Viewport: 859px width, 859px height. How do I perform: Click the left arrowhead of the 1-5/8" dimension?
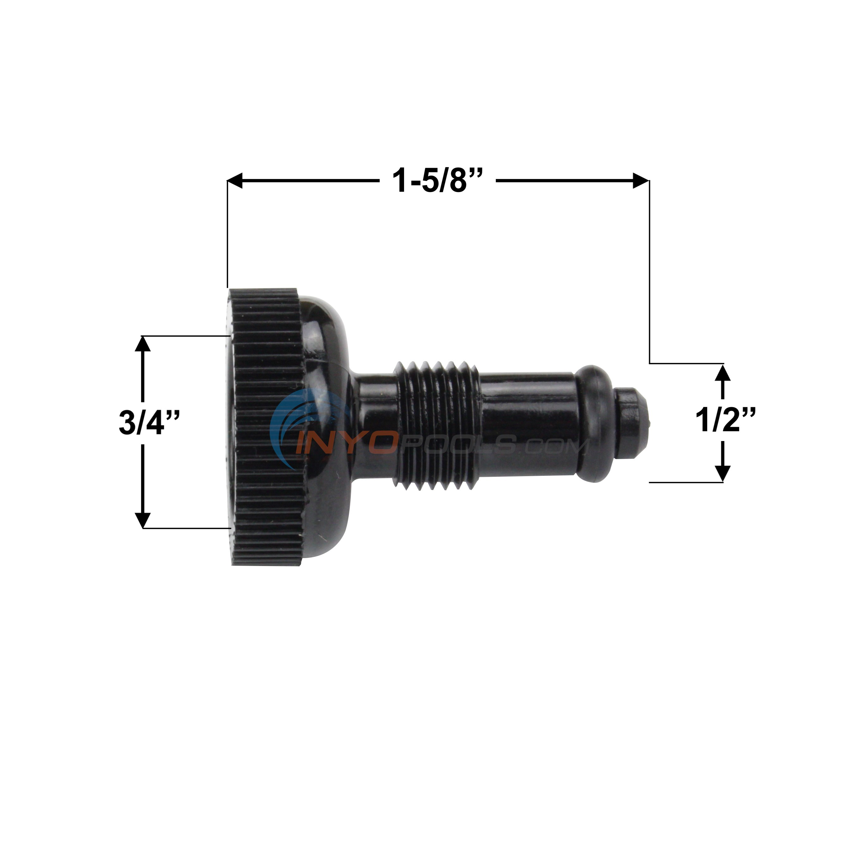point(235,181)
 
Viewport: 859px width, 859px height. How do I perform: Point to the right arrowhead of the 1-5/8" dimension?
point(641,181)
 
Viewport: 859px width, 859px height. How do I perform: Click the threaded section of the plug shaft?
point(436,425)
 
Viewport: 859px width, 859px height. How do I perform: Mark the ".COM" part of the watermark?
point(556,446)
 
